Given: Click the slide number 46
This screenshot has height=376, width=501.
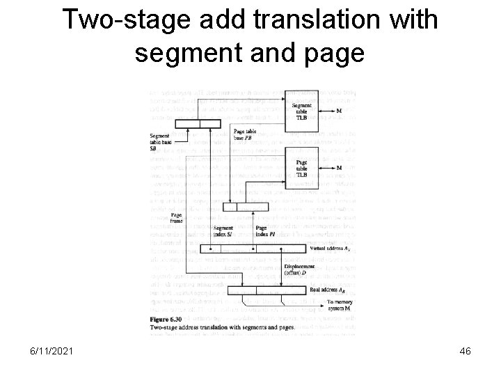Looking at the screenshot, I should (x=465, y=352).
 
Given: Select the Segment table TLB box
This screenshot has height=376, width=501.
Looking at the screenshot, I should (x=302, y=109).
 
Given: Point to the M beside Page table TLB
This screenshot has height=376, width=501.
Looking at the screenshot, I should (x=339, y=168).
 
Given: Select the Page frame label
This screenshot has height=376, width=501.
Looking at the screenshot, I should (x=177, y=219).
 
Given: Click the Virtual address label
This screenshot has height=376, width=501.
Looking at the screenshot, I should (x=329, y=249).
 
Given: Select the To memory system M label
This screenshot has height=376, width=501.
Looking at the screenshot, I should (x=339, y=304).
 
